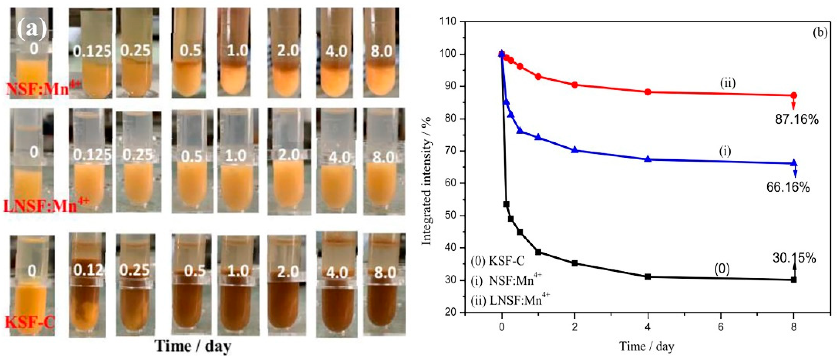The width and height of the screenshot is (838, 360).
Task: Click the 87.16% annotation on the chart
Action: coord(796,120)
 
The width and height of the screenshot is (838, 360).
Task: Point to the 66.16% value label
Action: coord(788,187)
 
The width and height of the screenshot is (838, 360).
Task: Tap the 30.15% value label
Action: coord(794,258)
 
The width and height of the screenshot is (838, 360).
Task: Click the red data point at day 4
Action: coord(648,92)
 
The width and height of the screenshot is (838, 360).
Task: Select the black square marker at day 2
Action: coord(575,263)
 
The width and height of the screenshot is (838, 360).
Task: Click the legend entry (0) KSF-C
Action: coord(498,261)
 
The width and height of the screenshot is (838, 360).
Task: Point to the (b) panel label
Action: coord(820,33)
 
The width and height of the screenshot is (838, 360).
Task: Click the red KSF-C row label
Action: coord(30,322)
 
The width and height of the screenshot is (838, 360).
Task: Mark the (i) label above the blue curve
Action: coord(725,151)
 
